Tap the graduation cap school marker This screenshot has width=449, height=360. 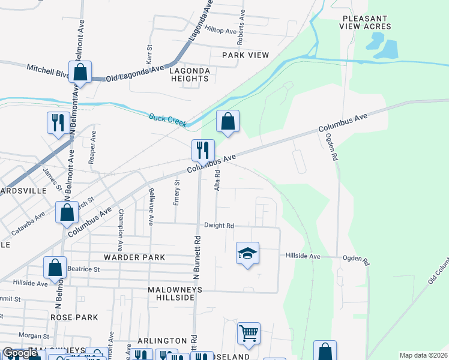pyautogui.click(x=247, y=254)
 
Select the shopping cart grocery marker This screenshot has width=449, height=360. pyautogui.click(x=249, y=334)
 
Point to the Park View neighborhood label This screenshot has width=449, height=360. pyautogui.click(x=245, y=55)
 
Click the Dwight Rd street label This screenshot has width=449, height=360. pyautogui.click(x=218, y=226)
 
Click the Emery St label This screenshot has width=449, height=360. pyautogui.click(x=176, y=193)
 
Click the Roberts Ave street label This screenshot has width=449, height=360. pyautogui.click(x=241, y=23)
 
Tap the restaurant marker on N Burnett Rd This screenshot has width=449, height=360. pyautogui.click(x=203, y=150)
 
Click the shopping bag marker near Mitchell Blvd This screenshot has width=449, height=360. pyautogui.click(x=80, y=73)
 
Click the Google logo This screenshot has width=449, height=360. pyautogui.click(x=20, y=353)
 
